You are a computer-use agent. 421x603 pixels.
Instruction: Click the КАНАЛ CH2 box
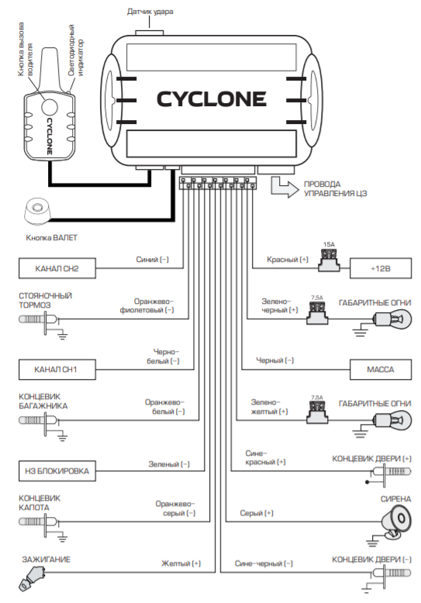pos(57,268)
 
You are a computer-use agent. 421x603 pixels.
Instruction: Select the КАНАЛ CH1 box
pos(57,370)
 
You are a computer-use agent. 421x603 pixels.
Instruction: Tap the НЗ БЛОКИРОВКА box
pos(57,470)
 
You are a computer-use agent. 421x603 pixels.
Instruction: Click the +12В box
pos(380,268)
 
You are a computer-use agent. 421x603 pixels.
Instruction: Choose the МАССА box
pos(380,370)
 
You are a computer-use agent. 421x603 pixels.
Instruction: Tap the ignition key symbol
pos(32,577)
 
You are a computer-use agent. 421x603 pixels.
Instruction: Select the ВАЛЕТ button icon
pos(37,212)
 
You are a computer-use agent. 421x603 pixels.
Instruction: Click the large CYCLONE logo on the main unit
pos(211,99)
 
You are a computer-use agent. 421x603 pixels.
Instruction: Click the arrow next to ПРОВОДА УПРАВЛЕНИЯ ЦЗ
pos(284,187)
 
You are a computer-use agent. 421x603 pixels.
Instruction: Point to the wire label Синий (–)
pos(153,260)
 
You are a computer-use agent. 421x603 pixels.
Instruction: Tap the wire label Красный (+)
pos(288,260)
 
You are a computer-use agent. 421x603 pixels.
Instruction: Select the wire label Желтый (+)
pos(181,563)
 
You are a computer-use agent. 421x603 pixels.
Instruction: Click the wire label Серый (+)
pos(257,513)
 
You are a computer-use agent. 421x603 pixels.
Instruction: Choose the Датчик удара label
pos(150,12)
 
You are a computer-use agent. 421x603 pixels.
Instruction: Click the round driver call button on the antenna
pos(50,106)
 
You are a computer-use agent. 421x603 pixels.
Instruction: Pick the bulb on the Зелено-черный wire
pos(392,319)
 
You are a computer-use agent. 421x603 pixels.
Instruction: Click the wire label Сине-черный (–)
pos(264,563)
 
